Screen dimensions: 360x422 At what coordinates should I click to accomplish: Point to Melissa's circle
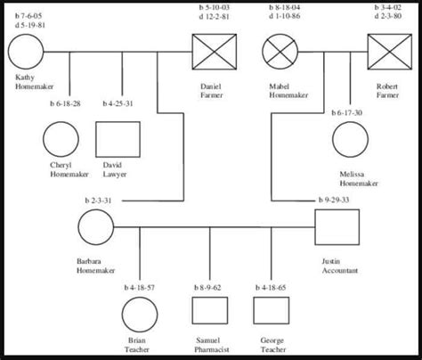[352, 141]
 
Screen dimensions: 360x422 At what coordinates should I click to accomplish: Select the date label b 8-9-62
[207, 289]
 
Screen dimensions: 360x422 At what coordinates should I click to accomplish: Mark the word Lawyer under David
[114, 175]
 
